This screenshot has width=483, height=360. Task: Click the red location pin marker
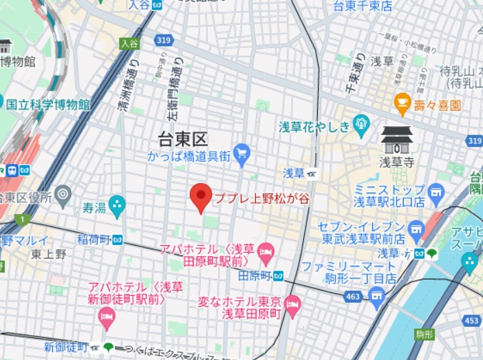201,197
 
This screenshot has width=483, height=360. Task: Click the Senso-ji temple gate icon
398,139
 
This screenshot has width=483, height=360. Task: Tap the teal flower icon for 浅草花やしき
361,125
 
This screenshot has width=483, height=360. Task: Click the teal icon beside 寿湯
117,204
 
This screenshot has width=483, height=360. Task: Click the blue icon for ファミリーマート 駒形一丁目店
376,297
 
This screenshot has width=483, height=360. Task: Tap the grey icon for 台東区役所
63,195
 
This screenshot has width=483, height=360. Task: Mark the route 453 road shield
471,321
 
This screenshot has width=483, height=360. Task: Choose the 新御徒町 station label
66,347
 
